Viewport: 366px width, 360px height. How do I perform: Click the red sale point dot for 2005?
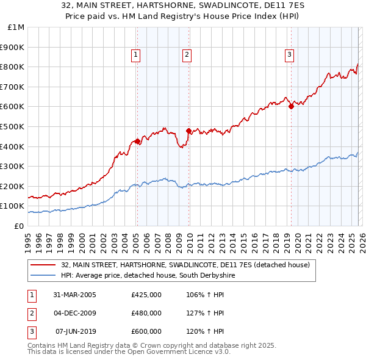137,142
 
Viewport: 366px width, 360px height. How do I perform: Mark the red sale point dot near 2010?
188,131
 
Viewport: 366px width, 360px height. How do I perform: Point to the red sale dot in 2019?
291,107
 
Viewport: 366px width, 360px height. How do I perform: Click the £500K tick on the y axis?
12,126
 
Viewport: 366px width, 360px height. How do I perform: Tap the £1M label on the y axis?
16,27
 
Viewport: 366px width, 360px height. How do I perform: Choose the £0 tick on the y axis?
20,226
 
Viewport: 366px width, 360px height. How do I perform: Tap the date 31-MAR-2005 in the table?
74,296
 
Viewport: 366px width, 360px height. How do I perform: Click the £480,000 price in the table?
146,314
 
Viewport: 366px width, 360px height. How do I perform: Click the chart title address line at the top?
183,6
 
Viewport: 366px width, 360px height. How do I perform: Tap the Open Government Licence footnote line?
129,353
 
